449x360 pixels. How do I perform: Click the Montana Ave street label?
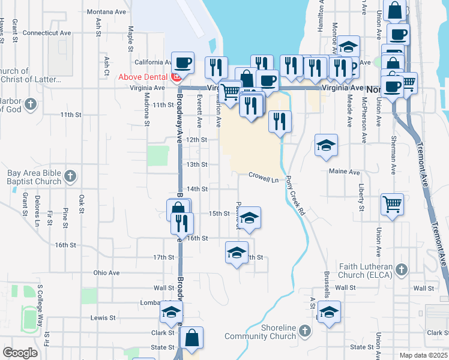(x=106, y=11)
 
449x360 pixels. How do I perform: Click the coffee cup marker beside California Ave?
(x=182, y=62)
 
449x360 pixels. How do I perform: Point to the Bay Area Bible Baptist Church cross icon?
(x=70, y=176)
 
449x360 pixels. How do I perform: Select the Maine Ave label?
(x=345, y=172)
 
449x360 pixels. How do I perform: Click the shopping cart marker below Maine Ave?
(x=392, y=203)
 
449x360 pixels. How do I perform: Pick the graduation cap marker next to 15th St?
(x=250, y=217)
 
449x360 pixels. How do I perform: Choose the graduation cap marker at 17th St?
(x=237, y=252)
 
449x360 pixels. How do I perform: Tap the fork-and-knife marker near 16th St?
(x=182, y=223)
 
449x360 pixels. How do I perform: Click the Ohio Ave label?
(x=106, y=272)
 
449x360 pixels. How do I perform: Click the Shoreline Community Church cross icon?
(x=304, y=331)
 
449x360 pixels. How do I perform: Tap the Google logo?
(x=19, y=353)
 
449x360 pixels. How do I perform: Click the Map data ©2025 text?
(x=423, y=355)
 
